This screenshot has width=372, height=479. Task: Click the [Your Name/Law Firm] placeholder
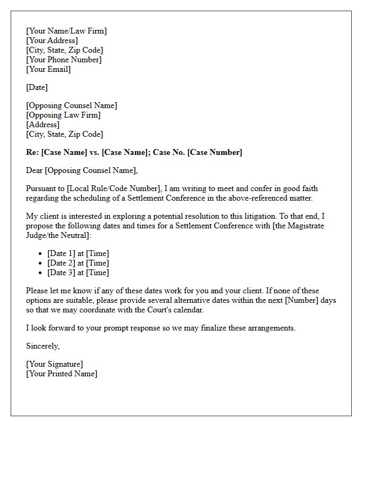[66, 31]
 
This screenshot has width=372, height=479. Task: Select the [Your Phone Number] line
[64, 60]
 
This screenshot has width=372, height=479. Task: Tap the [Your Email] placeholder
[48, 69]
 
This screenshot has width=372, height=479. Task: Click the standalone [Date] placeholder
[37, 87]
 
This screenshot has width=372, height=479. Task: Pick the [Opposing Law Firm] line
[63, 115]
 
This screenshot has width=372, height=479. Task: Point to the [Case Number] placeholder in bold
[215, 152]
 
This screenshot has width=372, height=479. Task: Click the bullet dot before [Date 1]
[40, 254]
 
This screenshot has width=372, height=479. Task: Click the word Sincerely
[43, 346]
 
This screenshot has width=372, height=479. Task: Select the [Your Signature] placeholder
[54, 364]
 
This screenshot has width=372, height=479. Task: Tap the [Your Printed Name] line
[62, 374]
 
